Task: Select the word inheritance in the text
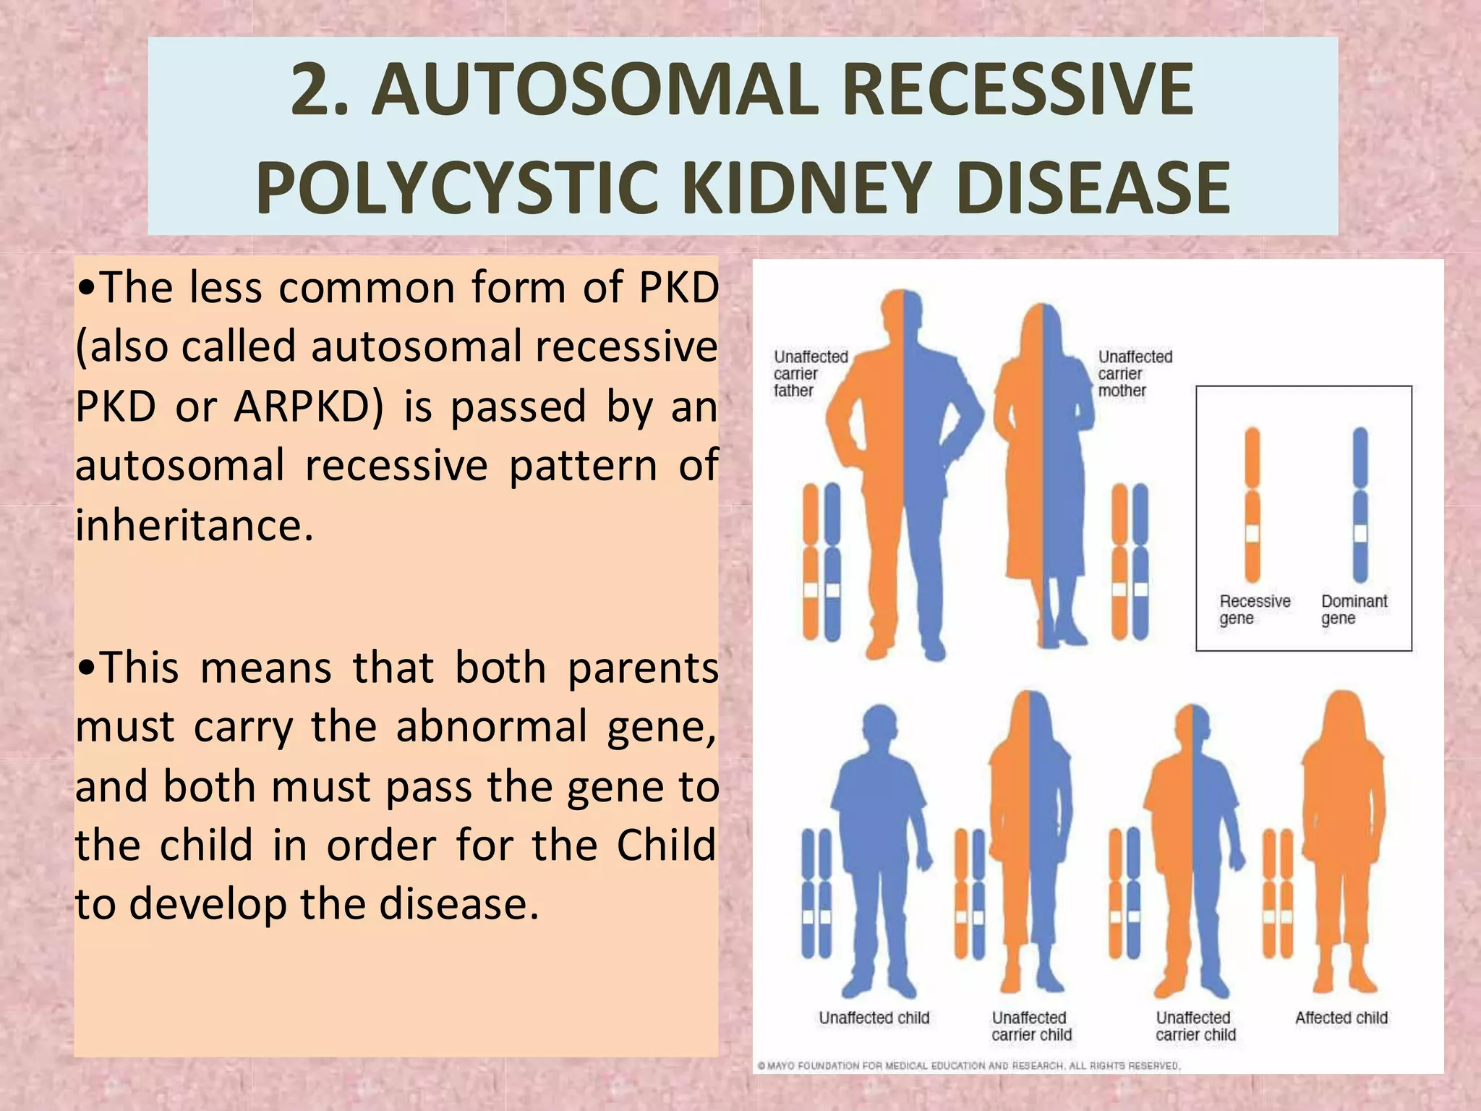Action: [x=193, y=524]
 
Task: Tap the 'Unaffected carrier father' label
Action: [x=810, y=374]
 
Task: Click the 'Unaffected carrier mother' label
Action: [x=1135, y=374]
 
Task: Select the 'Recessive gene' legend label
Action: [x=1255, y=610]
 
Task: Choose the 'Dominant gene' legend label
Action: [x=1354, y=610]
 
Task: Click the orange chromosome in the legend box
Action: [x=1252, y=505]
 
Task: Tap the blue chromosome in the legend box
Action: [x=1360, y=505]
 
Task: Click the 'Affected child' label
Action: [x=1341, y=1018]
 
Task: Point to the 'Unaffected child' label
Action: [x=874, y=1018]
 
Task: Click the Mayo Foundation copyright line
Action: [x=968, y=1065]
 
